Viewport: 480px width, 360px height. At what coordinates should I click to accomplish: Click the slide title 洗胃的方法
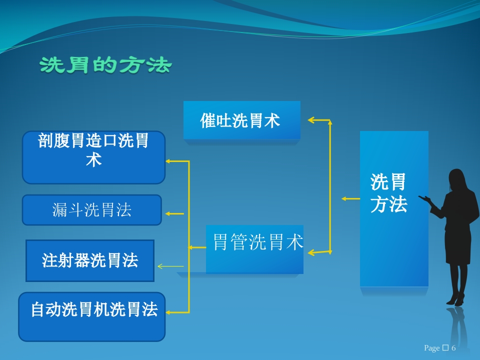[x=105, y=65]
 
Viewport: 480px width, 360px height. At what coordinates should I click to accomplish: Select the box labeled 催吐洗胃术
[x=242, y=120]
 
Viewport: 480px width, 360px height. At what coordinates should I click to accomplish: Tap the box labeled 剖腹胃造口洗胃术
[x=93, y=157]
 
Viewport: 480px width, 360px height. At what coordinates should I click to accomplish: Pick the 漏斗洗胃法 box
[x=92, y=210]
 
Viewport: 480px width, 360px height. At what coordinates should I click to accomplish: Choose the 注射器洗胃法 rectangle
[x=90, y=260]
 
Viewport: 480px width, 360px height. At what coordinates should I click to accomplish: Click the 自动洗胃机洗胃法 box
[x=92, y=317]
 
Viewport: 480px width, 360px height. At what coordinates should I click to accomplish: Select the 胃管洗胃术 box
[x=254, y=249]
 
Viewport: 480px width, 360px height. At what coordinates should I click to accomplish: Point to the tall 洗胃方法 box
[x=394, y=209]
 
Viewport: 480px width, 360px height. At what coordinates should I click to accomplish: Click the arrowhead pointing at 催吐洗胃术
[x=311, y=120]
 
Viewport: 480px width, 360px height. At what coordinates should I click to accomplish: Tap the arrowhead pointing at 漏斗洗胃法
[x=168, y=213]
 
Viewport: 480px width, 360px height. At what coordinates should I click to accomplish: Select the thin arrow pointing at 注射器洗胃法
[x=170, y=266]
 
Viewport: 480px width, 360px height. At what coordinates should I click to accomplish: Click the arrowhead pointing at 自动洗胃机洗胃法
[x=168, y=312]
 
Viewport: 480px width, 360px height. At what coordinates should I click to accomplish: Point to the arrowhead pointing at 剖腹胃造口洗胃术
[x=168, y=161]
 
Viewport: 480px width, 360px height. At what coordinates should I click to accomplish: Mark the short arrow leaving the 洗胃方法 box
[x=350, y=198]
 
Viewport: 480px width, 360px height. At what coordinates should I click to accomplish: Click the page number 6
[x=453, y=348]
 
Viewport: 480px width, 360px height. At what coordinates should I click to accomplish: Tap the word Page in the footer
[x=431, y=348]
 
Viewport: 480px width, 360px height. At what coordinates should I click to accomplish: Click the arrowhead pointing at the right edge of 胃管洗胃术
[x=311, y=253]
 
